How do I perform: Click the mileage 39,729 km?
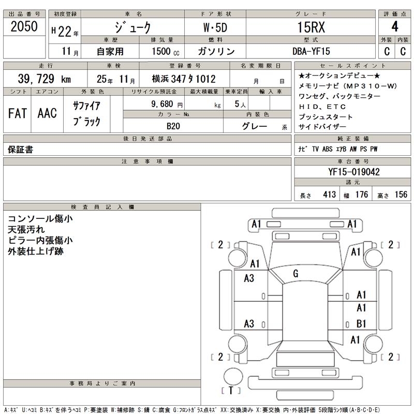coord(45,79)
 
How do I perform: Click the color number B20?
coord(173,126)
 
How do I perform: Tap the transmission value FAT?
coord(18,114)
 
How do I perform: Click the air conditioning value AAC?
coord(47,114)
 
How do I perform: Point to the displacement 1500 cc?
coord(166,52)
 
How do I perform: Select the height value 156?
coord(400,195)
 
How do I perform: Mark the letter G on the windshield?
coord(295,273)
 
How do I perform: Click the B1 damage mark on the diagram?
coord(361,324)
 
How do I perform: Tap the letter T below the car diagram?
coord(231,391)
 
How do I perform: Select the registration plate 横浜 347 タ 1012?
coord(184,79)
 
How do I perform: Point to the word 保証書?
coord(21,150)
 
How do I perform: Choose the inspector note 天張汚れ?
coord(26,229)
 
